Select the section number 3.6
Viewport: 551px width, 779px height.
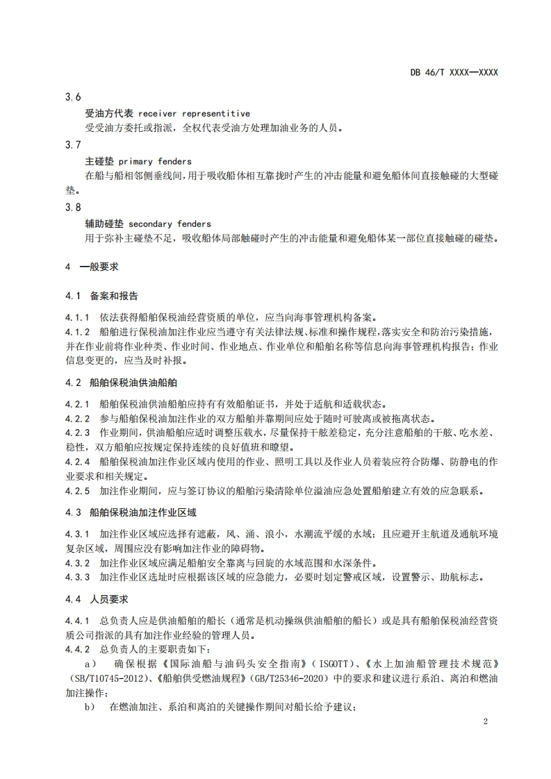point(73,98)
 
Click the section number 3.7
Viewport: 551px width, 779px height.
point(73,145)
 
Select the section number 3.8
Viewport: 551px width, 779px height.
point(73,208)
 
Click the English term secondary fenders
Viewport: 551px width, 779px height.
point(170,224)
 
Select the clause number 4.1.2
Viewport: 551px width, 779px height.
point(78,332)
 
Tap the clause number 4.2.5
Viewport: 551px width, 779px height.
point(78,492)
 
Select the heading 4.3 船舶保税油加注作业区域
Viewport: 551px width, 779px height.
point(131,513)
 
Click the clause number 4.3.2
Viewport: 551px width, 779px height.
point(78,563)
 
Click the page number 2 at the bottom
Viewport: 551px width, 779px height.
point(486,722)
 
